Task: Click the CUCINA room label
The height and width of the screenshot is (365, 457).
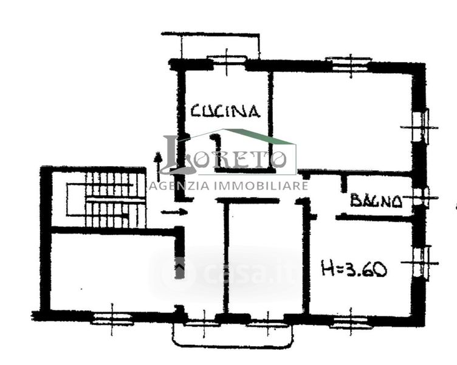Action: coord(225,111)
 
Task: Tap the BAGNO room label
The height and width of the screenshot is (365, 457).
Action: coord(377,200)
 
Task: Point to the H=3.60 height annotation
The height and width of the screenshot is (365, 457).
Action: coord(354,268)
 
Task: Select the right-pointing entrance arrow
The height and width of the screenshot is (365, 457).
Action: coord(174,212)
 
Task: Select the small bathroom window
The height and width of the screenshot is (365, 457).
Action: coord(421,198)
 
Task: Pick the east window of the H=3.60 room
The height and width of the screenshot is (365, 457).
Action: coord(421,263)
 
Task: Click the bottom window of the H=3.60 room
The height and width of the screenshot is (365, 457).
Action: coord(350,322)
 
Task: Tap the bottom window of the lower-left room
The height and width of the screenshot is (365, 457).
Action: coord(112,319)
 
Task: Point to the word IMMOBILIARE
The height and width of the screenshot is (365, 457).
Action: coord(261,186)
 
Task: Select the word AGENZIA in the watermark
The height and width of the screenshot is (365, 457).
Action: coord(179,186)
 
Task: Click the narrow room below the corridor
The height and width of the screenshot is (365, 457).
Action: coord(265,258)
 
